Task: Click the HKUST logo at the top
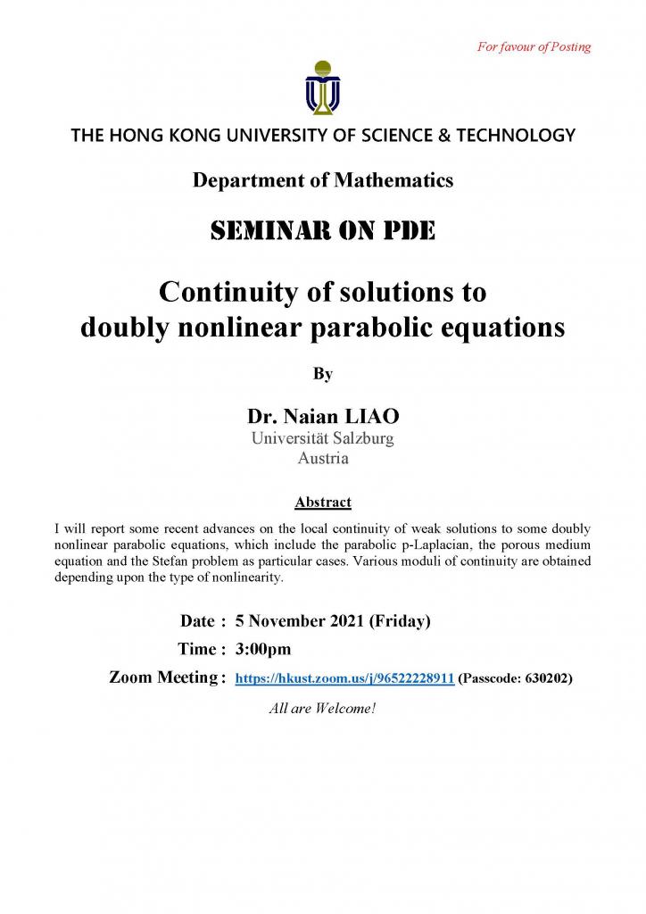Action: pos(322,87)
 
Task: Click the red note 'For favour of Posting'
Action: pos(534,46)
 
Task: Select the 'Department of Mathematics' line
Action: pos(323,180)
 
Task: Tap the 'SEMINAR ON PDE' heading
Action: pos(323,232)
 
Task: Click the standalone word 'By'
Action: pos(323,374)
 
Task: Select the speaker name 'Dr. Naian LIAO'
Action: pos(323,417)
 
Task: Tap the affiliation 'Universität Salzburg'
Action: pos(323,438)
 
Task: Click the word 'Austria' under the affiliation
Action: pos(323,459)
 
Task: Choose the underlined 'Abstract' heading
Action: pos(323,502)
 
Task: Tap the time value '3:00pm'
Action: pos(262,649)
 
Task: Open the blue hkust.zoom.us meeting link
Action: pos(344,679)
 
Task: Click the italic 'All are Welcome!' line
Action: pos(323,710)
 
